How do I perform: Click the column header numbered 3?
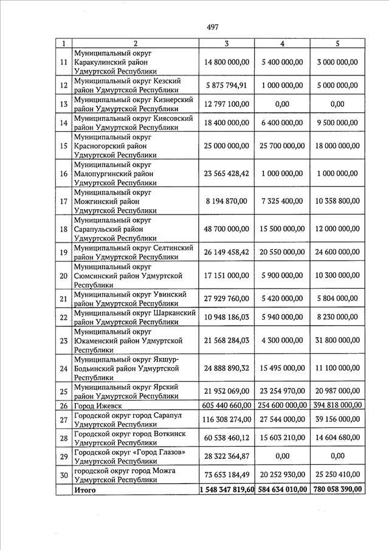(x=227, y=44)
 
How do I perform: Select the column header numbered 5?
(x=337, y=44)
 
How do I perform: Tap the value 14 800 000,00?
(x=227, y=63)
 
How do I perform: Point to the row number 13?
(x=63, y=104)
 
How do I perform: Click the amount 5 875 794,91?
(x=227, y=85)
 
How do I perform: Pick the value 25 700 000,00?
(x=282, y=146)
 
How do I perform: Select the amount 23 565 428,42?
(x=227, y=173)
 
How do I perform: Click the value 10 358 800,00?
(x=337, y=201)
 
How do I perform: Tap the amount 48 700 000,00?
(x=227, y=229)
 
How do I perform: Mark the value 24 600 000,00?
(x=337, y=252)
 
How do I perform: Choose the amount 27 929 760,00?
(x=227, y=299)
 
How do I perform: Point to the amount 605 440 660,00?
(x=227, y=405)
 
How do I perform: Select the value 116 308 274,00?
(x=227, y=419)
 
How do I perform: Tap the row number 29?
(x=63, y=456)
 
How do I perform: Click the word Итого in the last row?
(x=84, y=489)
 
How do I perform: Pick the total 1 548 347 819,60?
(x=227, y=489)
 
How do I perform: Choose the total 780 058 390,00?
(x=337, y=489)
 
